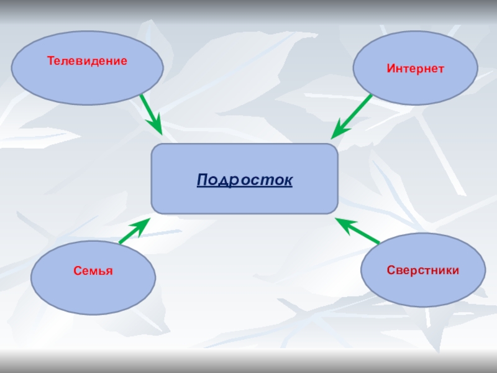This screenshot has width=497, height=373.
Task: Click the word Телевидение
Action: click(88, 61)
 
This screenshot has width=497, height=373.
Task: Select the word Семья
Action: click(93, 271)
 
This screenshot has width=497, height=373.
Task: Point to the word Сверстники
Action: click(423, 270)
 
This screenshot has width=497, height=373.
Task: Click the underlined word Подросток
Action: click(245, 180)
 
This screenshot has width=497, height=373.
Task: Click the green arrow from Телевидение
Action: click(149, 112)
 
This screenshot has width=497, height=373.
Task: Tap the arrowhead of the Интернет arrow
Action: click(337, 131)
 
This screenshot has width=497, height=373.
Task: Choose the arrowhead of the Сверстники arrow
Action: click(342, 222)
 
